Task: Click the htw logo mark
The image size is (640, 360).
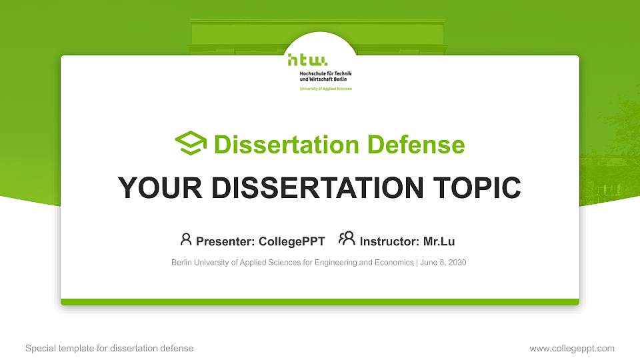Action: [308, 61]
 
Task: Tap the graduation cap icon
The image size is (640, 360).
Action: [191, 143]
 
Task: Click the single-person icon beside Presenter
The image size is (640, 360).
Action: [186, 239]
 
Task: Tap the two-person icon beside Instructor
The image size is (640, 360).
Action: [347, 239]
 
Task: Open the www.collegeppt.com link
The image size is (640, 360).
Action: [571, 349]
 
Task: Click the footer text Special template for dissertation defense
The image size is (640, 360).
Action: [109, 349]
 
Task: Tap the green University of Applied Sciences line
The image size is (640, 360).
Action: [325, 89]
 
